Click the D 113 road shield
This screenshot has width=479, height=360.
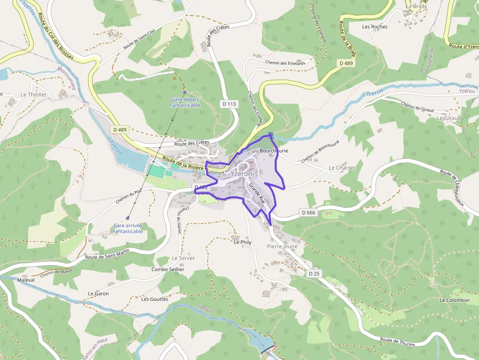point(229,104)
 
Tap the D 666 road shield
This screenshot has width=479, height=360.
point(308,212)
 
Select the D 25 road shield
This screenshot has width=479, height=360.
point(314,274)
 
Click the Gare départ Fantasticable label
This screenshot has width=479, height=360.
point(185,102)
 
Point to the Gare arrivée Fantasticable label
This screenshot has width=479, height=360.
point(128,229)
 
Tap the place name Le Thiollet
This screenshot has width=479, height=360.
point(34,95)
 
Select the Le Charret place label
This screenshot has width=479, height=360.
point(342,168)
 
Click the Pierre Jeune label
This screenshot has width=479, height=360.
point(282,247)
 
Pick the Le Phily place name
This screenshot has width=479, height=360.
point(242,242)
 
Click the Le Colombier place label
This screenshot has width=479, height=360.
point(455,300)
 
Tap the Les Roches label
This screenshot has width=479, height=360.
point(375,27)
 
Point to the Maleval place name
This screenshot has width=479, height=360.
point(26,280)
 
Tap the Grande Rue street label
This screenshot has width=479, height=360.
point(257,193)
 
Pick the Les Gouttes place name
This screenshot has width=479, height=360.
point(154,299)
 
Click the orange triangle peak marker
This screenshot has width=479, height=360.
point(174,78)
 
